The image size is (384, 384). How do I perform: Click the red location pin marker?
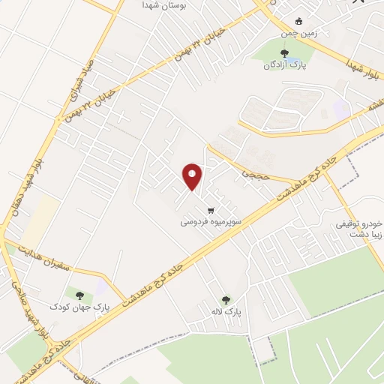tap(192, 176)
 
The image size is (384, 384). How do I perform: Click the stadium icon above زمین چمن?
tap(299, 21)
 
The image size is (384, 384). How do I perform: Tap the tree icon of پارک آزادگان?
tap(283, 52)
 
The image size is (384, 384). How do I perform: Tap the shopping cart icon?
tap(211, 209)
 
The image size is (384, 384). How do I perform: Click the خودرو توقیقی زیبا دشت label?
tap(359, 229)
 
